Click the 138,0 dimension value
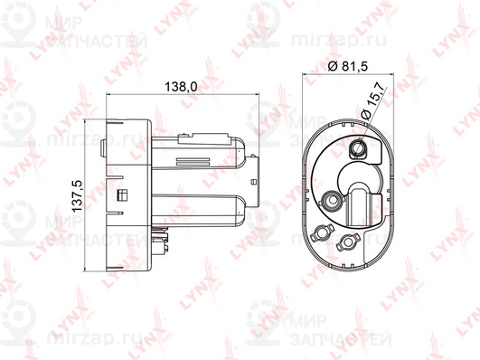pyautogui.click(x=181, y=87)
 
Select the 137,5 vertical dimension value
pyautogui.click(x=77, y=196)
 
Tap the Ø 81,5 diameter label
pyautogui.click(x=347, y=66)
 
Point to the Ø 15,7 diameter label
pyautogui.click(x=372, y=102)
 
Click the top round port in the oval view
pyautogui.click(x=357, y=148)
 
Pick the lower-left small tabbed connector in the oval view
pyautogui.click(x=320, y=232)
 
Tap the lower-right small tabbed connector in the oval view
pyautogui.click(x=347, y=241)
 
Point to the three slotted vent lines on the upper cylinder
pyautogui.click(x=193, y=161)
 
